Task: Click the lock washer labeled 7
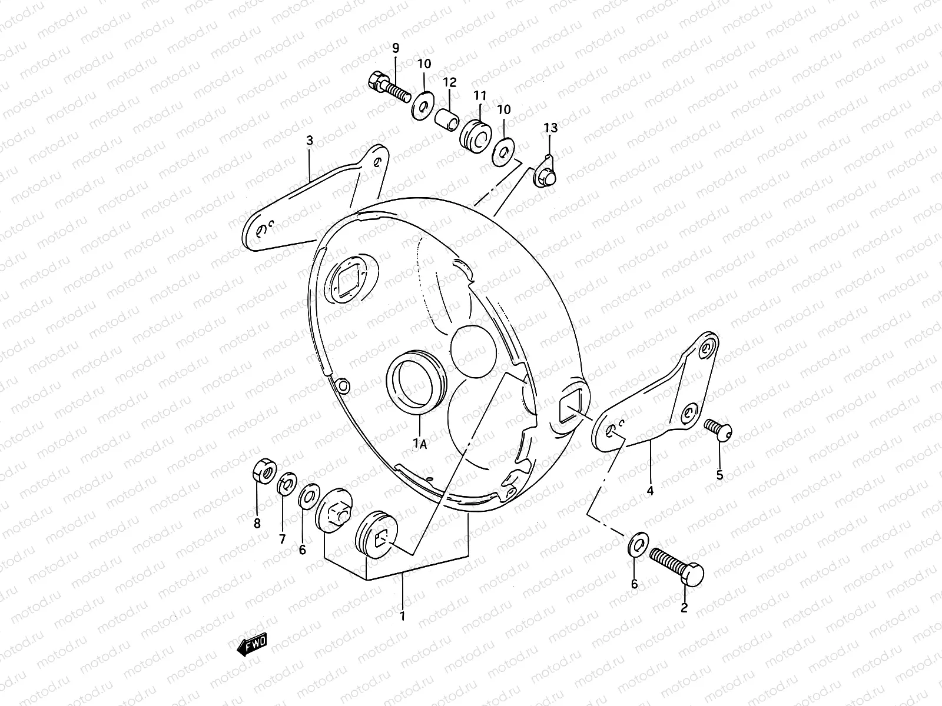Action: point(286,484)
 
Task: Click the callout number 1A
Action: point(419,444)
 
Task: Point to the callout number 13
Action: point(550,128)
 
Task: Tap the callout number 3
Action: point(310,141)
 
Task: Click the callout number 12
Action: point(450,82)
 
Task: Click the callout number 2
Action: point(684,608)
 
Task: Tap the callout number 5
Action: point(719,475)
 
